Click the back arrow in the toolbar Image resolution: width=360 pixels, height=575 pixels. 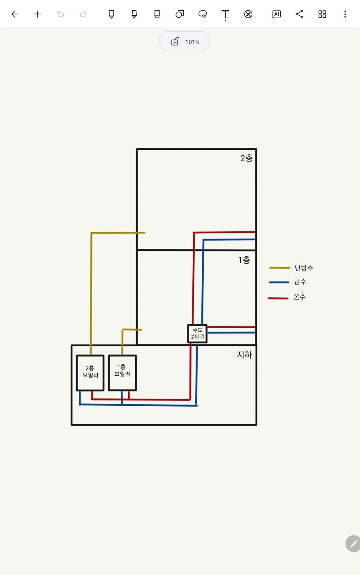coord(15,14)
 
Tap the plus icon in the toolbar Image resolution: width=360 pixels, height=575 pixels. coord(38,14)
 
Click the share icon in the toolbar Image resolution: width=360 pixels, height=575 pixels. coord(300,14)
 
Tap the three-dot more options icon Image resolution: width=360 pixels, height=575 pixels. coord(345,14)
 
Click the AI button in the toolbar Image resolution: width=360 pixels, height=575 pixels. coord(277,14)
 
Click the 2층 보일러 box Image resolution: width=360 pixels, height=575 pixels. coord(90,373)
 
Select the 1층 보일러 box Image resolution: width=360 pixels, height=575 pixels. coord(122,372)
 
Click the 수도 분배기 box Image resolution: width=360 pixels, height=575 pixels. coord(197,333)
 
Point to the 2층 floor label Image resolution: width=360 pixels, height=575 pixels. coord(247,158)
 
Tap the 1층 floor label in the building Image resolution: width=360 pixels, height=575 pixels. coord(244,260)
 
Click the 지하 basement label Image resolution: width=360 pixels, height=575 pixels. coord(244,354)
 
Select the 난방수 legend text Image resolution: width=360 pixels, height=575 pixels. coord(304,268)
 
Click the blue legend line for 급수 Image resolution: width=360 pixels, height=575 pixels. coord(279,282)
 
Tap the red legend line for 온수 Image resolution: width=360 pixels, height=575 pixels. coord(278,298)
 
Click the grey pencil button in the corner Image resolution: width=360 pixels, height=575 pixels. coord(353,543)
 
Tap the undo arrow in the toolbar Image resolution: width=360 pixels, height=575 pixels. coord(61,14)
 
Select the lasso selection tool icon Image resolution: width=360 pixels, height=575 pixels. coord(203,14)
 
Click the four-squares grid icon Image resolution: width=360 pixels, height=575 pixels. coord(322,14)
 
